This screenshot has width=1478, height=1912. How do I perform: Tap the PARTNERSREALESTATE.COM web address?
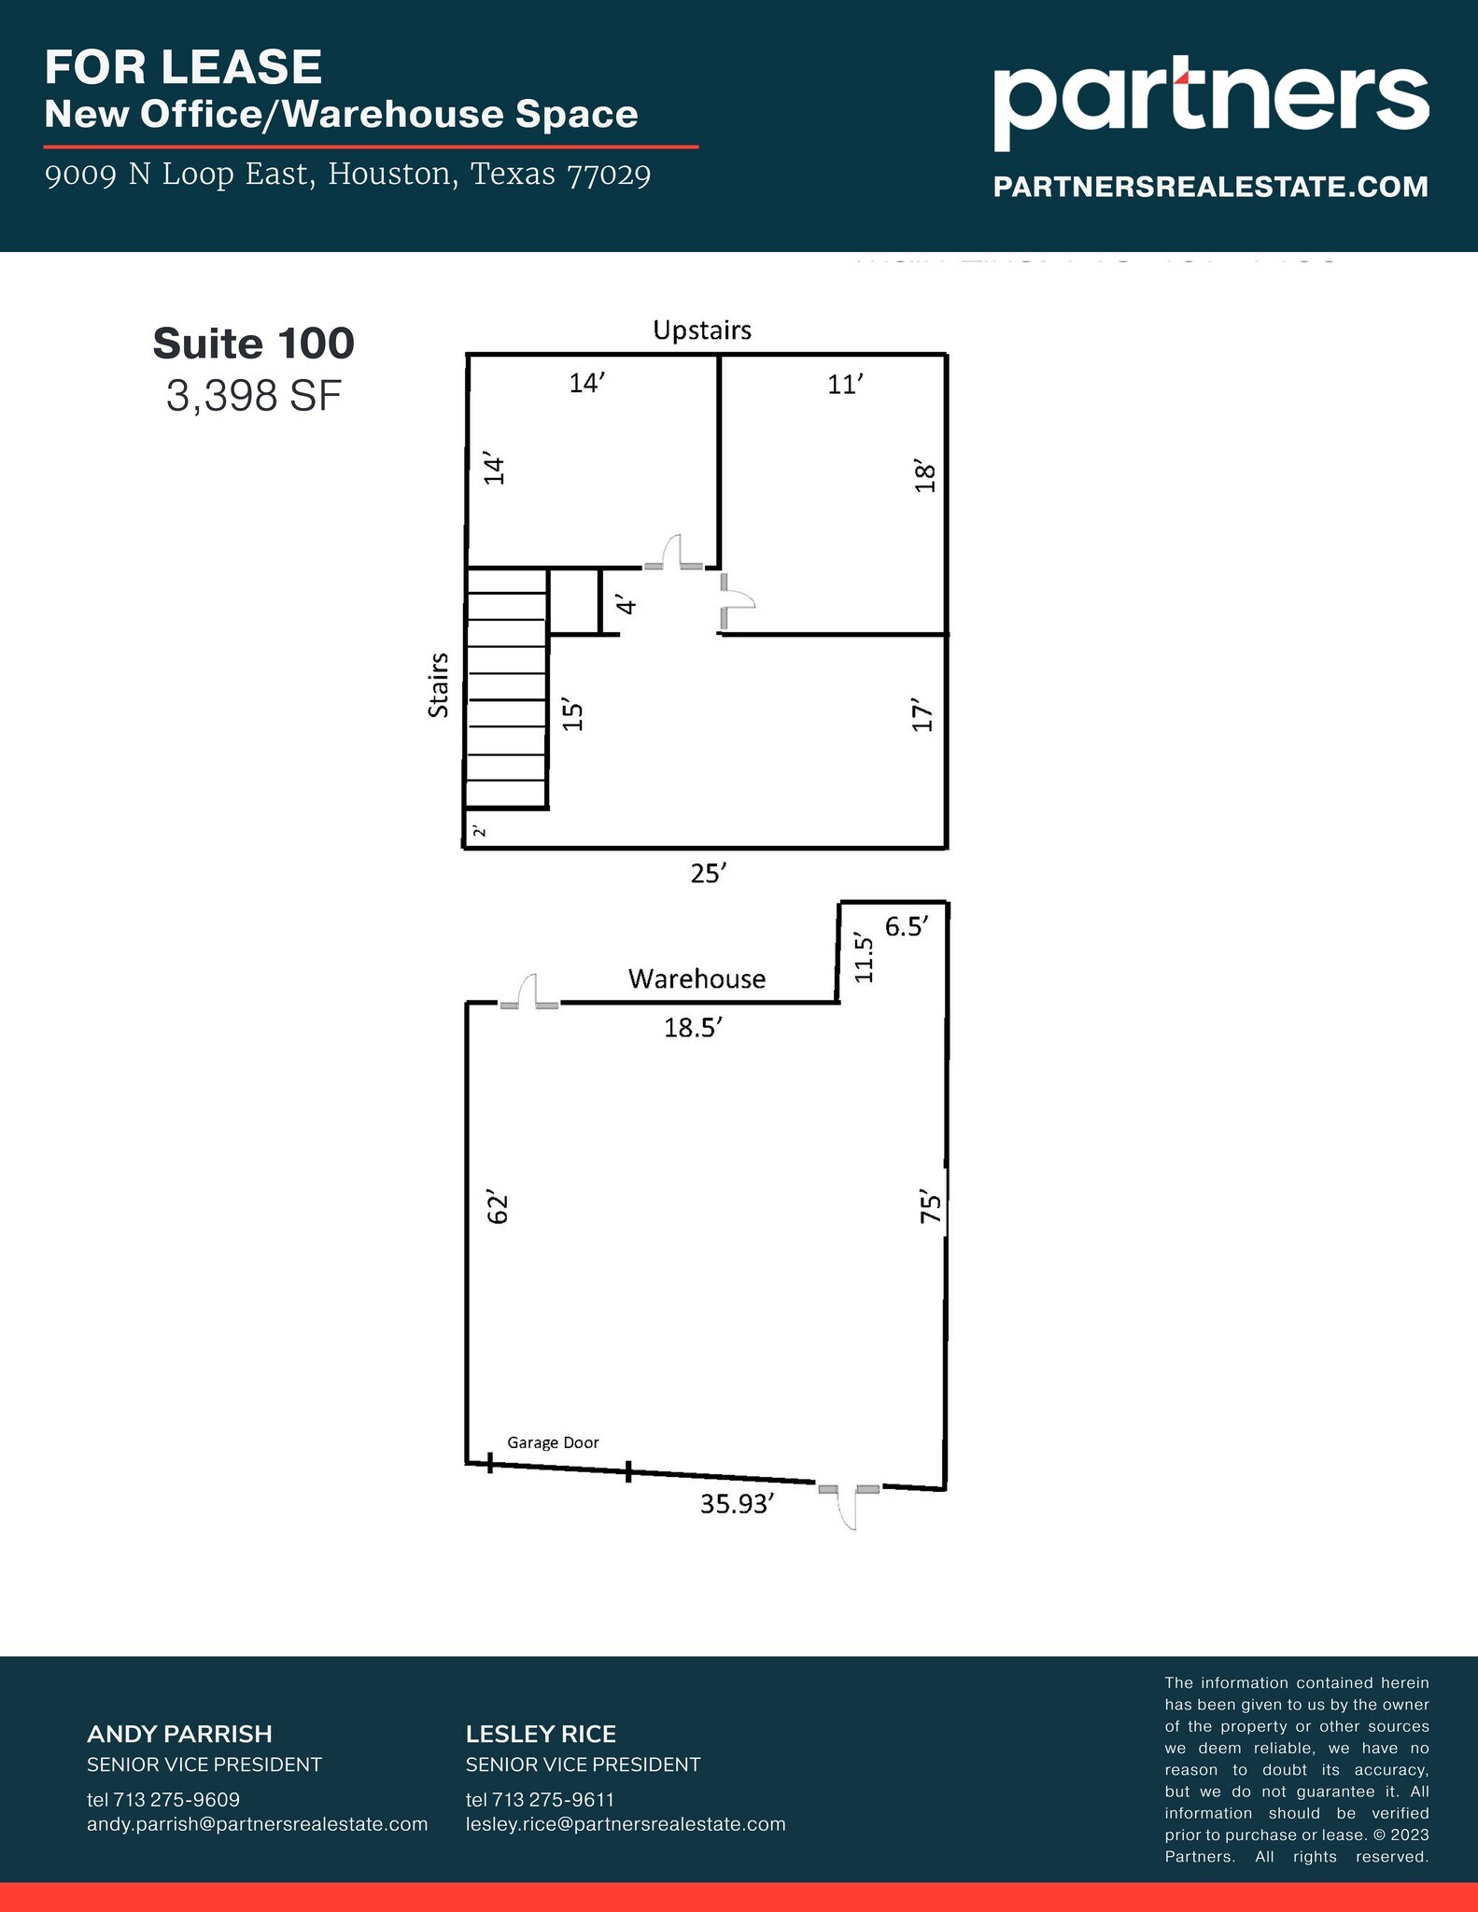[x=1210, y=187]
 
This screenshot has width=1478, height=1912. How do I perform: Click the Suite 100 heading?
[x=254, y=344]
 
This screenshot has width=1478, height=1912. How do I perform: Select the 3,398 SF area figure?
[x=254, y=396]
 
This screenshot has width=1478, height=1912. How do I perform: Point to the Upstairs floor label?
[x=702, y=330]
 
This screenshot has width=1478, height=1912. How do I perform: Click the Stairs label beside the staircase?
[x=438, y=685]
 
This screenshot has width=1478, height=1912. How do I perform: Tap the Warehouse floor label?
[x=697, y=978]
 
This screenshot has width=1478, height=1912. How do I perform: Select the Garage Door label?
[x=553, y=1442]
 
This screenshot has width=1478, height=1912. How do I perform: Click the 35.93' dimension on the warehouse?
[x=738, y=1504]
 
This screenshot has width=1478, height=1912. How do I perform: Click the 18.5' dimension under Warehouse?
[x=694, y=1028]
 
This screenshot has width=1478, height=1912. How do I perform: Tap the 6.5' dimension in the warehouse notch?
[x=907, y=927]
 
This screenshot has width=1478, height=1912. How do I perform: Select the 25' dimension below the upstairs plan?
[x=709, y=874]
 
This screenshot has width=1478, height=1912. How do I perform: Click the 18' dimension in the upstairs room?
[x=924, y=476]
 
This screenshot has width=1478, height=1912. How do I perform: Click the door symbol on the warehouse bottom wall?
[x=849, y=1505]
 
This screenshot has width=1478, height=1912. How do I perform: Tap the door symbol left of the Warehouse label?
[x=529, y=993]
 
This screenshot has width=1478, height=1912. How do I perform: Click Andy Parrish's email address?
[x=257, y=1823]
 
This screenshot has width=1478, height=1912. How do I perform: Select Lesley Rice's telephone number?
[x=540, y=1799]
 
